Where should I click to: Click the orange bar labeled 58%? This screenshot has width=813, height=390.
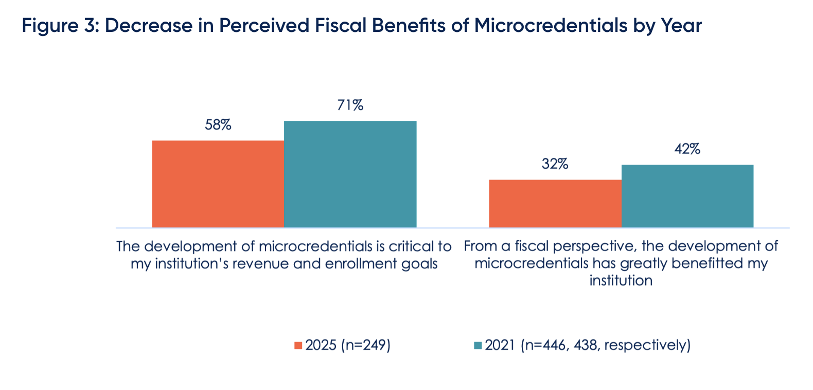click(218, 184)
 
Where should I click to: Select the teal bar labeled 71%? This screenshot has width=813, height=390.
click(350, 174)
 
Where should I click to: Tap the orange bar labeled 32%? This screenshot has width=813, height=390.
click(555, 203)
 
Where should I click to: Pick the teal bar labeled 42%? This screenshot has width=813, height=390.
click(687, 196)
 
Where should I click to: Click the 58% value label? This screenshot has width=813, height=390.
click(218, 125)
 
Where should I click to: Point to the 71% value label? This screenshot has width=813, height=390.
click(350, 105)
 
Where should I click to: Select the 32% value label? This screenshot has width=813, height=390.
click(555, 164)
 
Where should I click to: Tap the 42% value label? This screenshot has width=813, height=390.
click(687, 149)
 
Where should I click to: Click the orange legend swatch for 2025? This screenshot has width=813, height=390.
click(298, 345)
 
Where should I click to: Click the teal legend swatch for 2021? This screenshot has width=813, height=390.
click(478, 345)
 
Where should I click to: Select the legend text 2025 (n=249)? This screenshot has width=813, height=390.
click(348, 345)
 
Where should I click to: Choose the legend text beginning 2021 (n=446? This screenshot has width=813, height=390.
click(587, 345)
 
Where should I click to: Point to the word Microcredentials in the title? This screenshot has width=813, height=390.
click(549, 26)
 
